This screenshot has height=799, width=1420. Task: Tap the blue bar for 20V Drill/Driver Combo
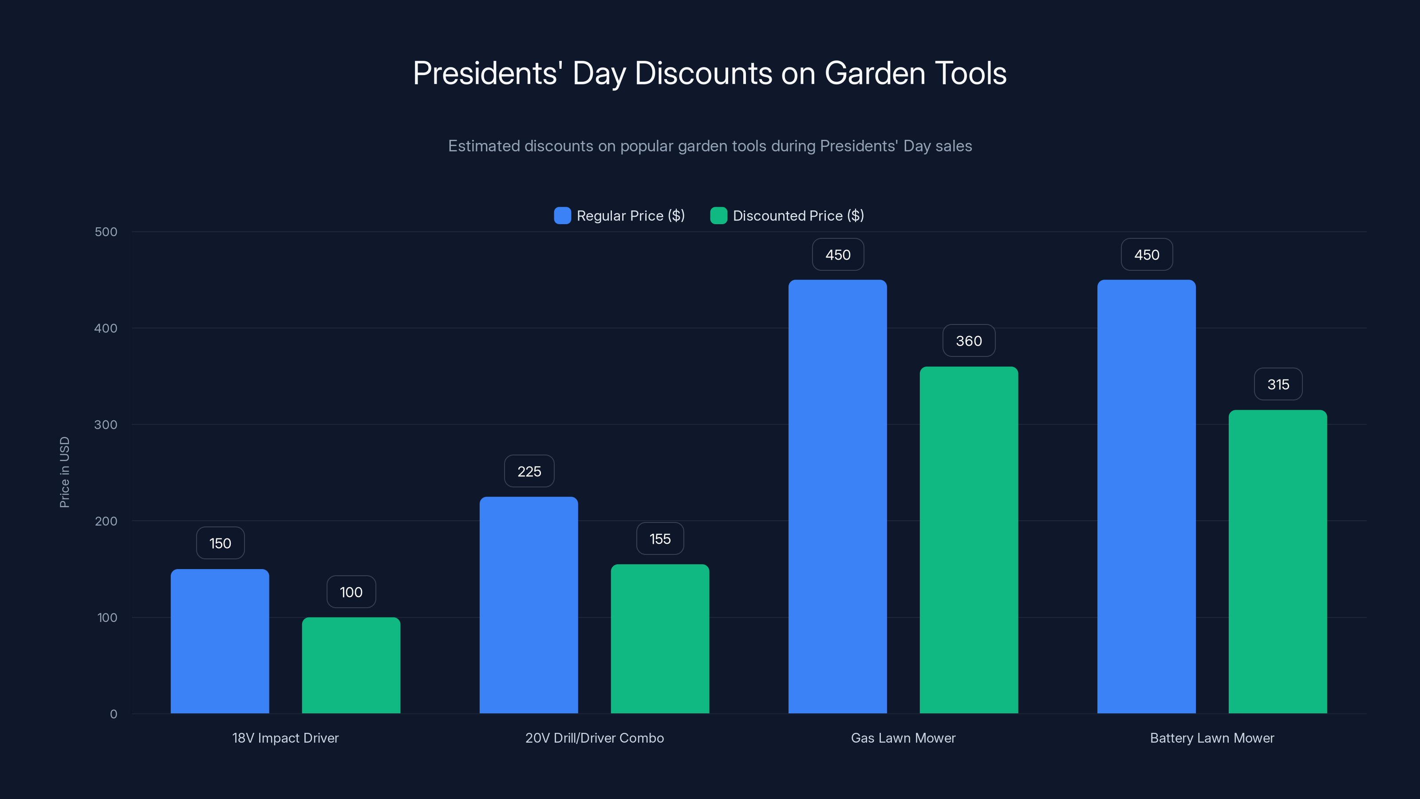(x=529, y=605)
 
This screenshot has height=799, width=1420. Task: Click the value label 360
(x=969, y=341)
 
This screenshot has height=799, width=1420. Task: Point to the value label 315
(x=1278, y=384)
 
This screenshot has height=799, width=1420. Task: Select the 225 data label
(x=529, y=471)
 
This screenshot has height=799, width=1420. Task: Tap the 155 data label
(x=660, y=539)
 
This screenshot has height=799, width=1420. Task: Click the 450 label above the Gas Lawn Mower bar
(x=837, y=255)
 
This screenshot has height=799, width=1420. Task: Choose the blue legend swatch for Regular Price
(x=562, y=216)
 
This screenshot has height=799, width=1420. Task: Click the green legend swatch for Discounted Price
(x=718, y=216)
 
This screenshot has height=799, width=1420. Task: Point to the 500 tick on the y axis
(x=106, y=232)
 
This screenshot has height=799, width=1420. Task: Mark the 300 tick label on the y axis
(x=106, y=425)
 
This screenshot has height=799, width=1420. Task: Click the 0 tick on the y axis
(x=114, y=714)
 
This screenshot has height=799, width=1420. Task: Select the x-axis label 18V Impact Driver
(x=285, y=738)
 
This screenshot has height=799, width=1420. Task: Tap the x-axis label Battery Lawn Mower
(x=1211, y=738)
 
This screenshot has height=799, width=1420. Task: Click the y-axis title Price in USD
(x=64, y=472)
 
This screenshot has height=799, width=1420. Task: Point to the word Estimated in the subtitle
(x=483, y=146)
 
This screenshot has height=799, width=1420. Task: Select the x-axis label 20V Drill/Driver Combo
(x=594, y=738)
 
